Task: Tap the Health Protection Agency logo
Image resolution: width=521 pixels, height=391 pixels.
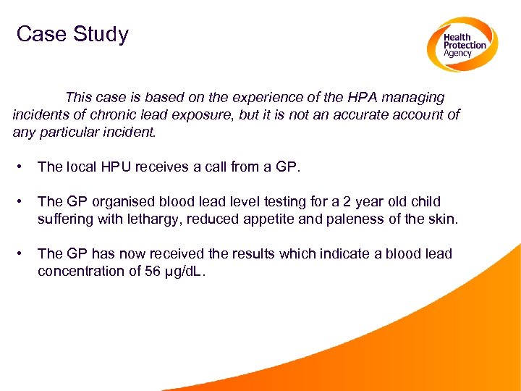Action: click(x=461, y=44)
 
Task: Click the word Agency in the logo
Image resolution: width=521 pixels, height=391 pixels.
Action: click(x=457, y=54)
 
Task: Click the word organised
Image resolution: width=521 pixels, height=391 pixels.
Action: click(x=127, y=201)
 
